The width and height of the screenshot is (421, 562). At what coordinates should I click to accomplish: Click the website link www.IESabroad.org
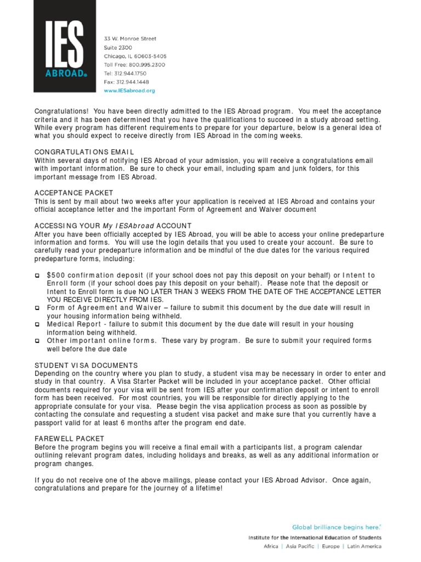(130, 91)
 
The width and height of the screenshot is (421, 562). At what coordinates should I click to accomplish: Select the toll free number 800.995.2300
(147, 65)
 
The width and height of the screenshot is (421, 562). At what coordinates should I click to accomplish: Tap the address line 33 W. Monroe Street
(130, 39)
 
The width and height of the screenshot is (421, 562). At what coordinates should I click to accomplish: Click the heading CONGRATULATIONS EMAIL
(84, 151)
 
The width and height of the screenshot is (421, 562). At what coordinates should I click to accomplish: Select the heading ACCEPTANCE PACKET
(74, 193)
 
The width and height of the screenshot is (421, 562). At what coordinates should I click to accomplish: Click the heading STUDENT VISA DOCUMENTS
(86, 365)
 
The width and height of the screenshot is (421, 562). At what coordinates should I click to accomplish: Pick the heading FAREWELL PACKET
(69, 439)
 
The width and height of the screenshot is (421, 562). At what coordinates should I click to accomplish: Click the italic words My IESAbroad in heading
(128, 226)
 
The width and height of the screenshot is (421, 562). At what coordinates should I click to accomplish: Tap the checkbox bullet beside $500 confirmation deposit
(37, 276)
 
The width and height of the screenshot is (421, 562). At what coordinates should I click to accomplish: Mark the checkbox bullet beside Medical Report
(37, 324)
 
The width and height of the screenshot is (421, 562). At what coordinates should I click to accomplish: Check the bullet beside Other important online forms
(37, 341)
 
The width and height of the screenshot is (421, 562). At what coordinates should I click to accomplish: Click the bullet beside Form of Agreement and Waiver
(37, 308)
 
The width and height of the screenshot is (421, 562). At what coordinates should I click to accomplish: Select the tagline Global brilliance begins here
(336, 525)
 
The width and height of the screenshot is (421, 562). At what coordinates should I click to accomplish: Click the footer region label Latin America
(364, 547)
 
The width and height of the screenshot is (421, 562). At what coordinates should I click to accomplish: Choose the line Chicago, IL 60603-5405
(135, 56)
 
